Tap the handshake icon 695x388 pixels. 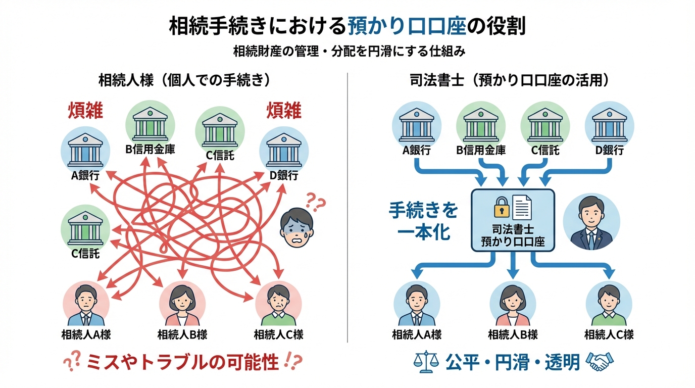click(x=599, y=362)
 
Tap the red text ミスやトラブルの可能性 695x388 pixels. click(x=182, y=362)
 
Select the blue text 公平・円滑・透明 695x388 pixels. click(x=512, y=362)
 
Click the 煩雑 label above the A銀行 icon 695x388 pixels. click(x=85, y=111)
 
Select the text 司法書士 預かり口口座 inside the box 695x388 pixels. click(x=513, y=234)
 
